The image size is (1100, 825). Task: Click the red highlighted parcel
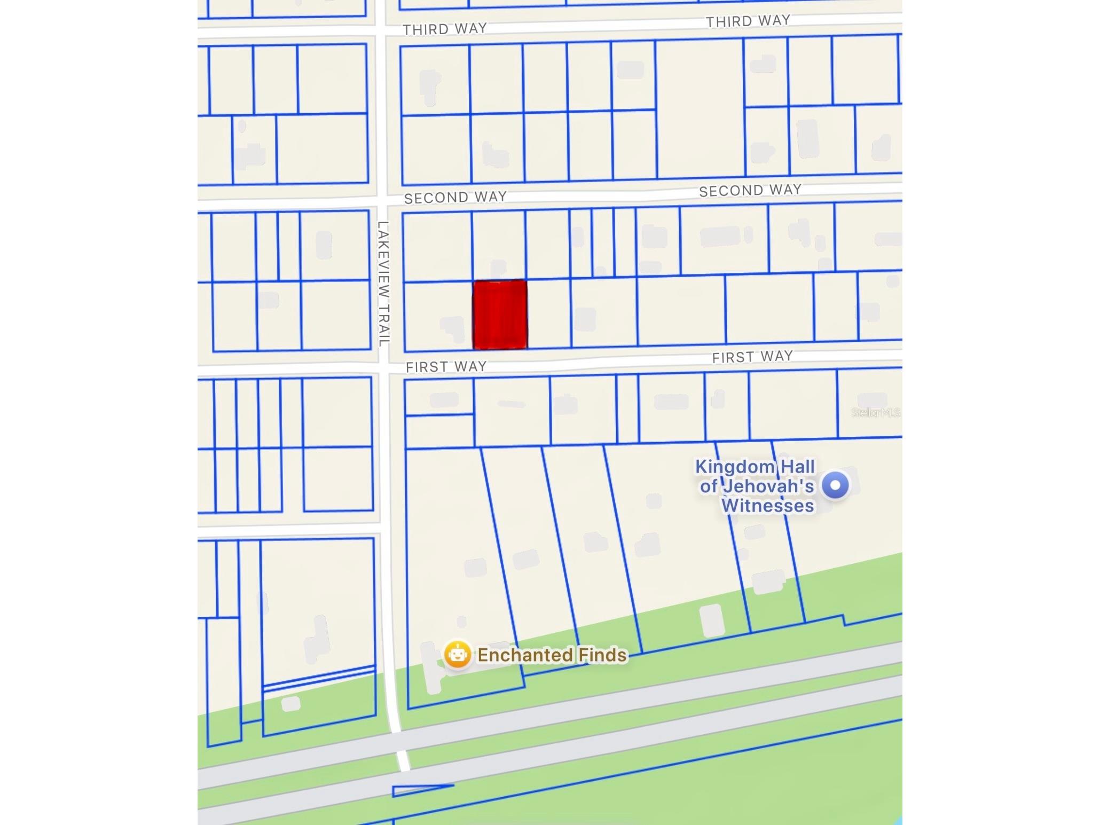click(500, 315)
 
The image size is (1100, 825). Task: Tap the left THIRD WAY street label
click(445, 29)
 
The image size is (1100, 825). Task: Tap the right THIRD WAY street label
click(748, 21)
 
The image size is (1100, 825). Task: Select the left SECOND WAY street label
click(455, 198)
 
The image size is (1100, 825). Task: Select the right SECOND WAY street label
click(750, 190)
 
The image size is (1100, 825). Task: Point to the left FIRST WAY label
click(446, 366)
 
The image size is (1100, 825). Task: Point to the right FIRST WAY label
click(752, 357)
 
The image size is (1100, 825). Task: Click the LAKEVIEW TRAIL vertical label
click(383, 284)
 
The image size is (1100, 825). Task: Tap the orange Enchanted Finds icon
click(458, 654)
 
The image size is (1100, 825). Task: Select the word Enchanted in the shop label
click(524, 655)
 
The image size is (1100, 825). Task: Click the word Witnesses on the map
click(768, 506)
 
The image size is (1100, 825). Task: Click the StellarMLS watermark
click(875, 412)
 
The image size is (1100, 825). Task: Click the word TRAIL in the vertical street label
click(384, 325)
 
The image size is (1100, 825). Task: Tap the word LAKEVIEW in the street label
click(383, 260)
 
